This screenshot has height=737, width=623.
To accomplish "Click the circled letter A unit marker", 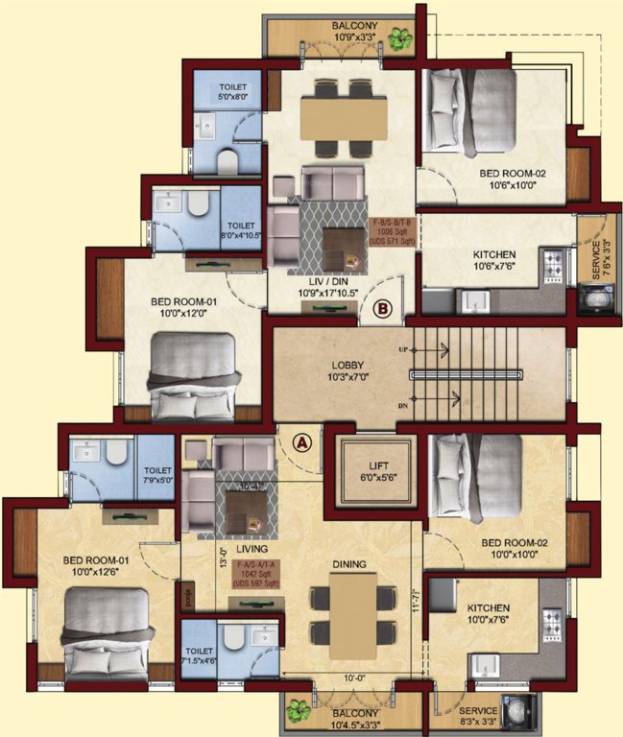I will [302, 442].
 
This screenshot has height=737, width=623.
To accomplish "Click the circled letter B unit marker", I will [381, 309].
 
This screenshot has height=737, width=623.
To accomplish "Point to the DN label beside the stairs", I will [403, 407].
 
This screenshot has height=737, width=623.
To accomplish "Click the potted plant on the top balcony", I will [399, 39].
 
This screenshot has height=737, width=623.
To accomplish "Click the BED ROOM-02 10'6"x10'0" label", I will [513, 179].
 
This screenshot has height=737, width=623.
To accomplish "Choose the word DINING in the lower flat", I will [347, 539].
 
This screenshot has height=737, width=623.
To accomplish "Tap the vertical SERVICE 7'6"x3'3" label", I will [596, 256].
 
